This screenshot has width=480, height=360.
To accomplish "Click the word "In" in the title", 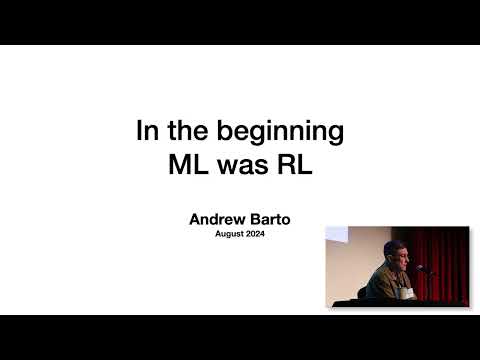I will tap(146, 131).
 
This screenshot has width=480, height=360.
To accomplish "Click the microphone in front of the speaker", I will tap(422, 268).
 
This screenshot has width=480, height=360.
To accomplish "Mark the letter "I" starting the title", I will tap(139, 131).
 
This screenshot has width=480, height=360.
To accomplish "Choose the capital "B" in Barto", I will tap(251, 218).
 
